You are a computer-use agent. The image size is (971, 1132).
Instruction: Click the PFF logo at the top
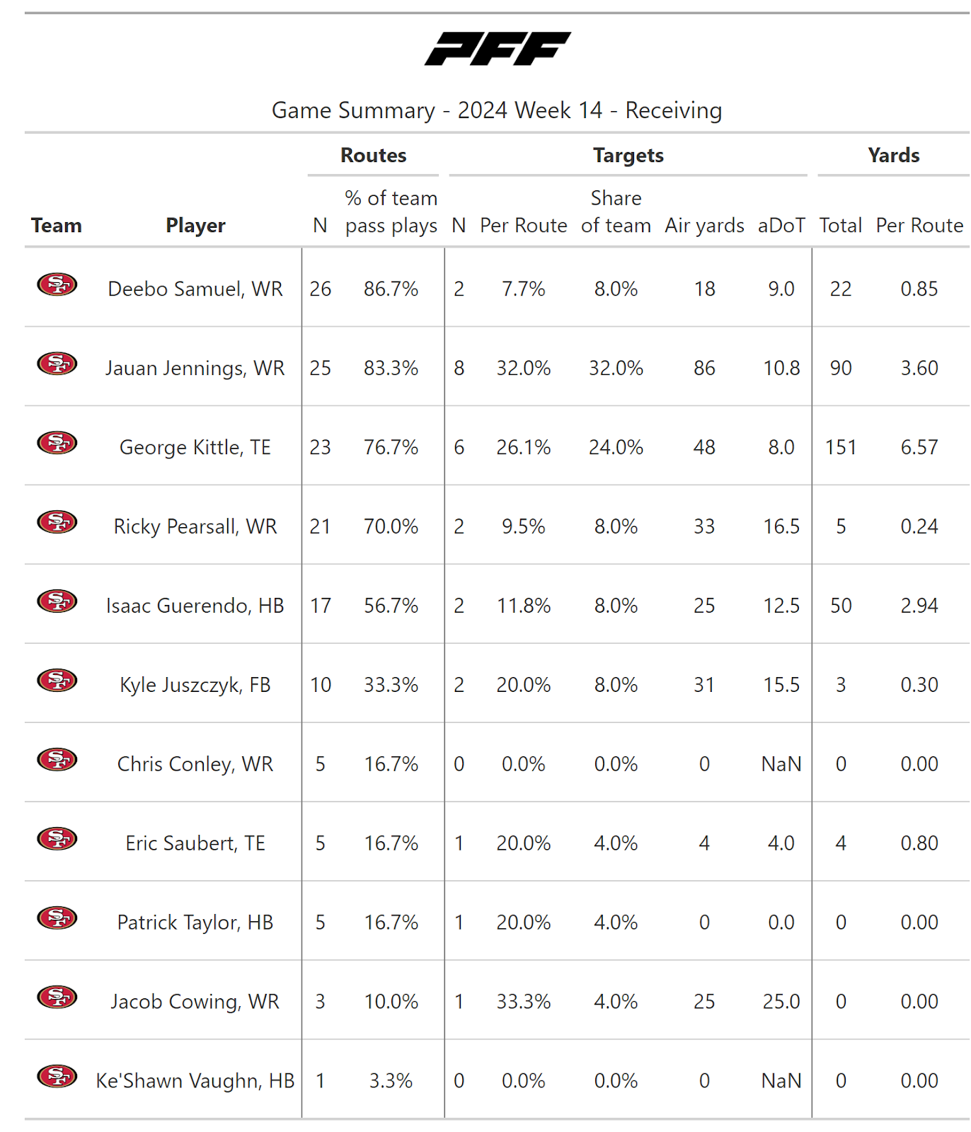tap(498, 49)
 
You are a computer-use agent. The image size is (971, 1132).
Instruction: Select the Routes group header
tap(373, 156)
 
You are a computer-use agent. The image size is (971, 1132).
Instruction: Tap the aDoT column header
tap(781, 226)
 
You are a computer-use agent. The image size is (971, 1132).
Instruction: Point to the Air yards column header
tap(704, 226)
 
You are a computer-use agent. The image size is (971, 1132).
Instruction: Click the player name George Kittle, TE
tap(195, 447)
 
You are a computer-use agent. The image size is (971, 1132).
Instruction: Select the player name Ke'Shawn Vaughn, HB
tap(195, 1081)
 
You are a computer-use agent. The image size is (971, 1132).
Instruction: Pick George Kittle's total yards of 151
tap(840, 447)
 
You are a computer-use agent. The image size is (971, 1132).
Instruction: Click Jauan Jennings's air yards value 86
tap(704, 368)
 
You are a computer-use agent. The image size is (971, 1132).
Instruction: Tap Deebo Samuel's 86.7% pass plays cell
tap(391, 289)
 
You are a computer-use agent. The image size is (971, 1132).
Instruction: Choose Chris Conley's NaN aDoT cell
tap(781, 764)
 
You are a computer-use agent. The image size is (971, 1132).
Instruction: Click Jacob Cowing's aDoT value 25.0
tap(781, 1002)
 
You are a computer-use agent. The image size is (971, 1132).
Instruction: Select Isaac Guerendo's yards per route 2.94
tap(919, 606)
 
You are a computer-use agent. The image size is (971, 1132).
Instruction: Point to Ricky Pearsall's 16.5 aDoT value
tap(781, 526)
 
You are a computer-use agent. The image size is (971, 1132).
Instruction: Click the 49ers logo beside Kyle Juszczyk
tap(57, 681)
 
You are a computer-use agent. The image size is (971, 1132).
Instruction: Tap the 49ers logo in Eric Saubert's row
tap(57, 839)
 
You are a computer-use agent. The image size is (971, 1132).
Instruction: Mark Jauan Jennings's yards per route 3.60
tap(919, 368)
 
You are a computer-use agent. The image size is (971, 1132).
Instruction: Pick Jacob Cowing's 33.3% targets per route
tap(523, 1002)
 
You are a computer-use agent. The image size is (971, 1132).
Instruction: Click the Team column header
tap(57, 226)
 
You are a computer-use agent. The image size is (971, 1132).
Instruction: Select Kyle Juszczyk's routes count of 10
tap(320, 685)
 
